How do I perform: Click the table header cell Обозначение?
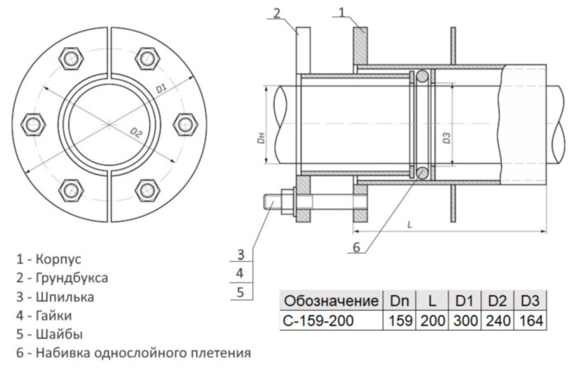pos(331,301)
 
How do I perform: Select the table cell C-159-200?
pos(319,321)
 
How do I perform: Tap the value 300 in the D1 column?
pos(464,321)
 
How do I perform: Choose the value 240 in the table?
pos(497,321)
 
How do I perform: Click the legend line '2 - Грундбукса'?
pos(62,278)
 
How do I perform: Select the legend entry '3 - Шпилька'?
pos(54,297)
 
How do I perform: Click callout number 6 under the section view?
pos(356,246)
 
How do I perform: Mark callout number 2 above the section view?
pos(278,12)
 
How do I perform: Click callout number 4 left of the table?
pos(239,272)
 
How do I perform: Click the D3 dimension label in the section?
pos(446,139)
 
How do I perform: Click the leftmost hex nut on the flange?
pos(34,124)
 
